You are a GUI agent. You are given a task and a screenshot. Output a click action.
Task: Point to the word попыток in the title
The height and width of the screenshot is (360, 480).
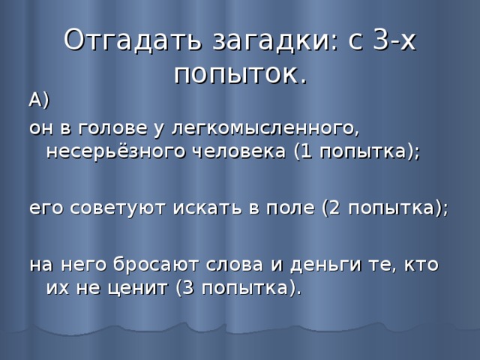[235, 73]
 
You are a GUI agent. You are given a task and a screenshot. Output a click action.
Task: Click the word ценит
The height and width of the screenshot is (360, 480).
[139, 289]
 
